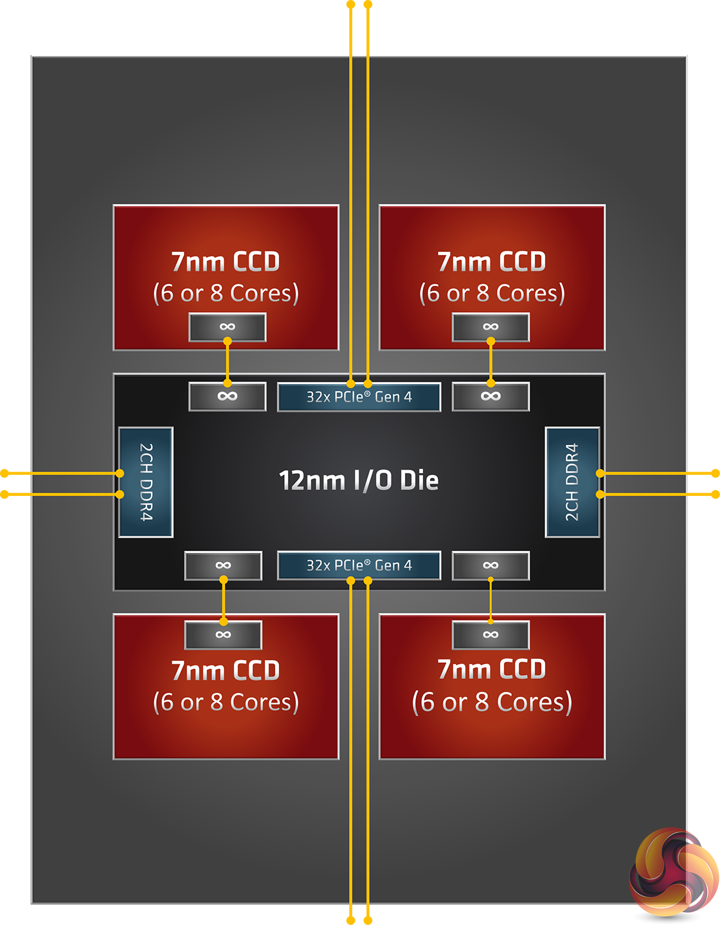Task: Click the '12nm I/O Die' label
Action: pyautogui.click(x=359, y=480)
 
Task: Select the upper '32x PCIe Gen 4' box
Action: pyautogui.click(x=359, y=397)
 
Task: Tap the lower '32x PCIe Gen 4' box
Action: pyautogui.click(x=359, y=565)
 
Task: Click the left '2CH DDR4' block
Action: pyautogui.click(x=146, y=482)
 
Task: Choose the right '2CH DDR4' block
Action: pyautogui.click(x=572, y=482)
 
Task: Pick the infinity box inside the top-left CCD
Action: pyautogui.click(x=227, y=327)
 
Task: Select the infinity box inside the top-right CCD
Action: pyautogui.click(x=491, y=327)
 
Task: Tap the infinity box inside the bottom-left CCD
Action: pyautogui.click(x=223, y=635)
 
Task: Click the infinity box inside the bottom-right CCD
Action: pyautogui.click(x=491, y=635)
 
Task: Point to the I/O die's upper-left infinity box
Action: pyautogui.click(x=227, y=396)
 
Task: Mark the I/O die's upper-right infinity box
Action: pyautogui.click(x=491, y=396)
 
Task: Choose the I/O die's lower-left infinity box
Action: pyautogui.click(x=223, y=565)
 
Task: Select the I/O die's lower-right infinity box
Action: pyautogui.click(x=491, y=565)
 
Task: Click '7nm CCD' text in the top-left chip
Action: pyautogui.click(x=226, y=261)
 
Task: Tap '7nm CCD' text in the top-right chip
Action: pyautogui.click(x=492, y=261)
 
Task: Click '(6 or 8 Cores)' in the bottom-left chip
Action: pyautogui.click(x=226, y=702)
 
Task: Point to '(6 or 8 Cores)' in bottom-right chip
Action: pyautogui.click(x=492, y=702)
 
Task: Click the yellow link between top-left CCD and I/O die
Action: pyautogui.click(x=227, y=362)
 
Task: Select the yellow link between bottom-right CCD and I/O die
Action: pyautogui.click(x=491, y=601)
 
